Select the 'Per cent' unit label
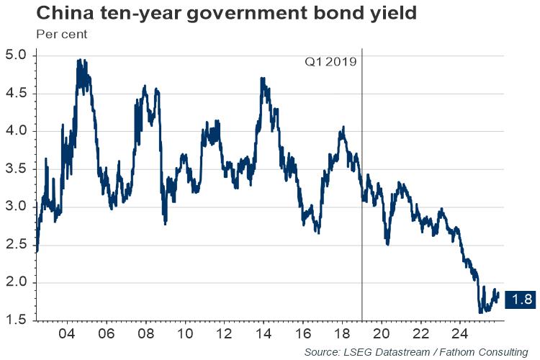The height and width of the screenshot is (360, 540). [58, 34]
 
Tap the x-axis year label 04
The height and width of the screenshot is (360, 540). [66, 334]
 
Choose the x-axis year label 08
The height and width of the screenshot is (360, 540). [145, 334]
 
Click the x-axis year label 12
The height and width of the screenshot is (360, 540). [223, 334]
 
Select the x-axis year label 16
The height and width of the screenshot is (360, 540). [302, 334]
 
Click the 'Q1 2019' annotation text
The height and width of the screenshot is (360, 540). [330, 62]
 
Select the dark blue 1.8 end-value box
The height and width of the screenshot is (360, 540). [521, 300]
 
